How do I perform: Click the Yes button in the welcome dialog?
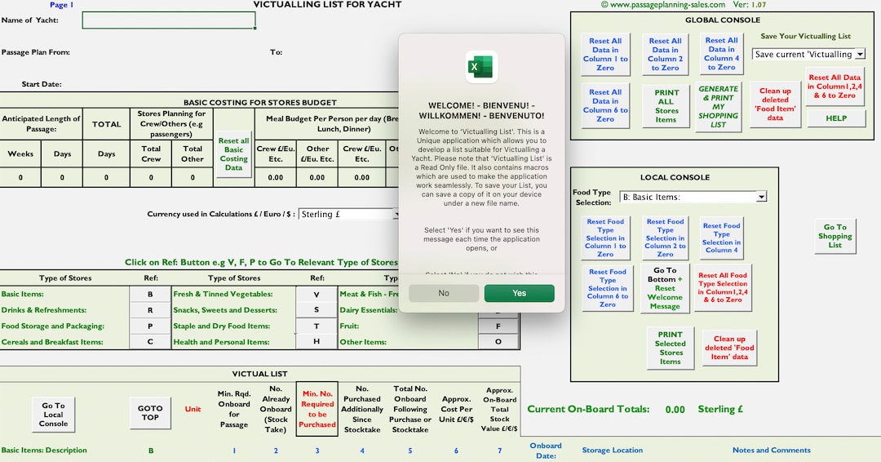coord(519,293)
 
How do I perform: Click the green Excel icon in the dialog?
coord(481,66)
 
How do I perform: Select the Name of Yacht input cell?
coord(169,20)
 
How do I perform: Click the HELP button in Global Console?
coord(836,118)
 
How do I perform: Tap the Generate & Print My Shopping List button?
coord(718,107)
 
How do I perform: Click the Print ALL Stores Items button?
coord(666,106)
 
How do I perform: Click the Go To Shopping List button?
coord(835,236)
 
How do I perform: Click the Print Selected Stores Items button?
coord(670,348)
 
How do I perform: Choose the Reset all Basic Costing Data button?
coord(233,154)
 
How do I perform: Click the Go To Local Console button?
coord(53,414)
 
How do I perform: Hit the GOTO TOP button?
coord(150,412)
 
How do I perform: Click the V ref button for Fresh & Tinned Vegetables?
coord(317,294)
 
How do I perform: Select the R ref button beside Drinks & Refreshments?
coord(150,310)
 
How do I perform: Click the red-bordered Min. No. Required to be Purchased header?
coord(317,408)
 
